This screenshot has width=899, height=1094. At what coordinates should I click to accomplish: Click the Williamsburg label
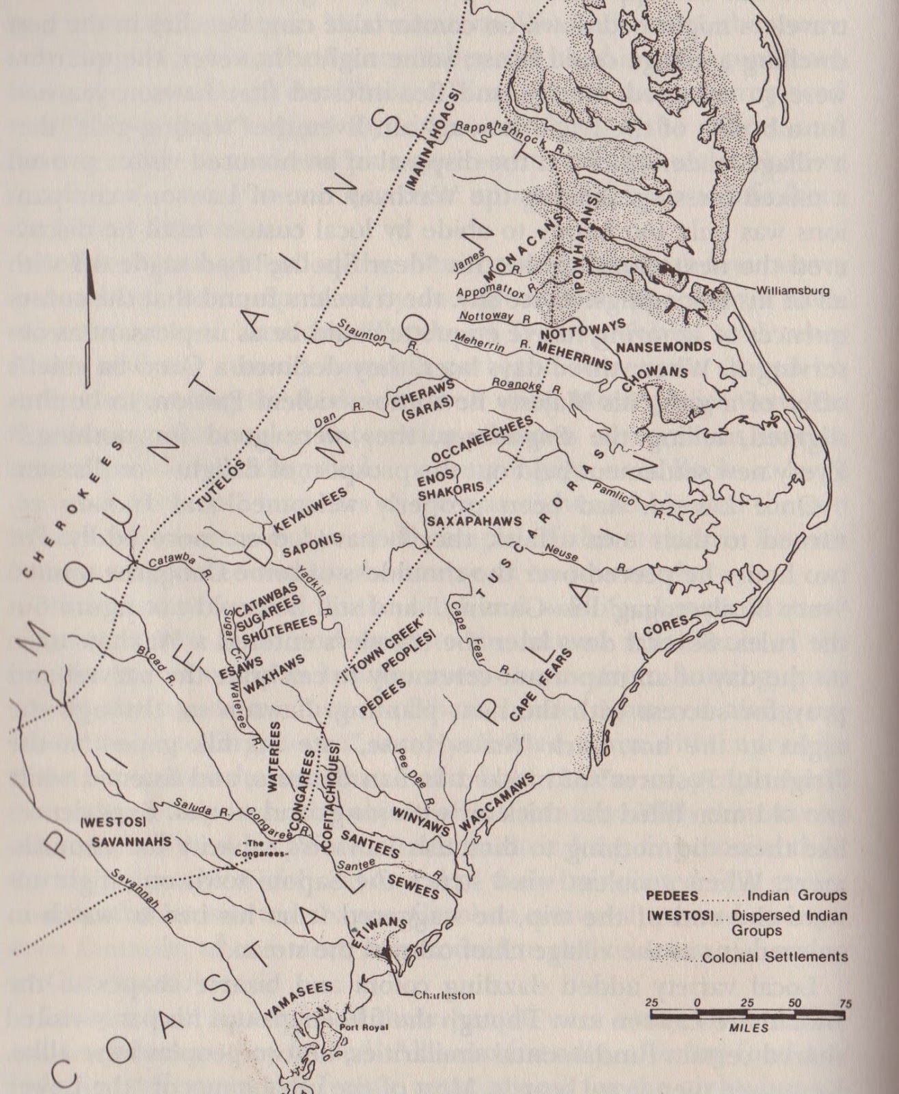[x=794, y=291]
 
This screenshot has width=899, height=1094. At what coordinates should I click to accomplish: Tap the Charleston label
[x=444, y=995]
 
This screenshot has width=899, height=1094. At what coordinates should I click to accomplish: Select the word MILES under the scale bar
[x=749, y=1028]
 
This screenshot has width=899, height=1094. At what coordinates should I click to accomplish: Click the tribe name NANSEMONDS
[x=664, y=347]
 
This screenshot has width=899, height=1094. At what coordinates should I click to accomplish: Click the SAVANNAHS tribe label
[x=131, y=842]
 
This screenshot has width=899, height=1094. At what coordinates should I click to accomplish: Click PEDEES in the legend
[x=670, y=896]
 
